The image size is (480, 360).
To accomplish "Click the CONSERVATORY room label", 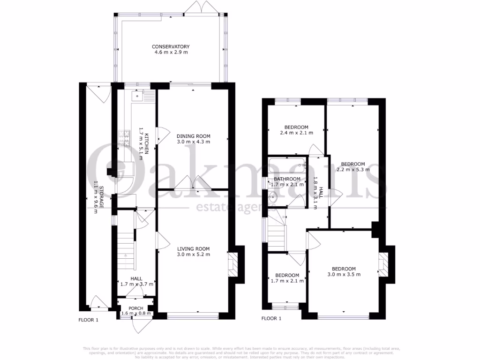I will click(171, 46).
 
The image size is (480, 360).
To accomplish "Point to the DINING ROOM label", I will click(193, 136).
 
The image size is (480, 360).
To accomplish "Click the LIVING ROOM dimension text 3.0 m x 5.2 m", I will click(193, 255).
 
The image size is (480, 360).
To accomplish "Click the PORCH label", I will click(136, 308).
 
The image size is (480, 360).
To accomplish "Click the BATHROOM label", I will click(287, 179).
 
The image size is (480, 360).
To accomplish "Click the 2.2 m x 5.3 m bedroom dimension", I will click(355, 170).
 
